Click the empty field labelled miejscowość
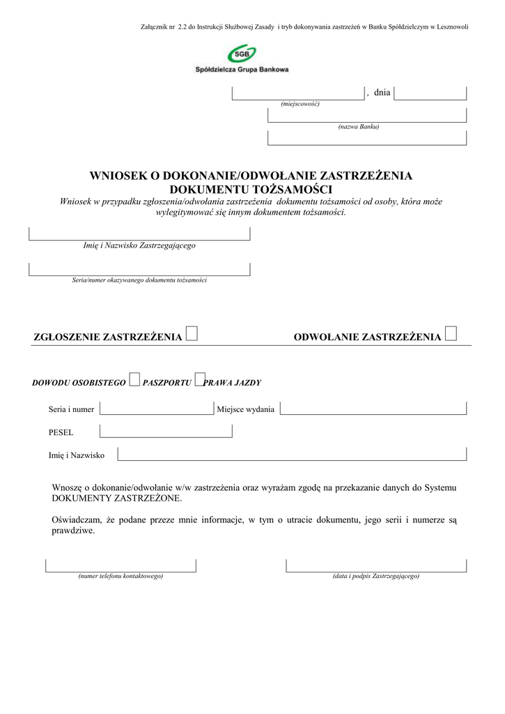pos(298,93)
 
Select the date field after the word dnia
pos(430,93)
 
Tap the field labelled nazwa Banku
pos(367,115)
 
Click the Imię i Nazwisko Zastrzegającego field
pos(139,234)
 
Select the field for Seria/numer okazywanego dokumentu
pos(139,269)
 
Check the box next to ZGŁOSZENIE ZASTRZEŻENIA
pos(192,335)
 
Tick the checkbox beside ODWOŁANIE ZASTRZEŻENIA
pos(451,335)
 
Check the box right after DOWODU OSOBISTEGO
pos(134,380)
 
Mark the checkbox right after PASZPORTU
pos(199,380)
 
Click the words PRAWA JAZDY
pos(233,383)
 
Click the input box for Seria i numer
pos(157,409)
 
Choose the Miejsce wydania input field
pos(373,409)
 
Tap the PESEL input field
pos(166,432)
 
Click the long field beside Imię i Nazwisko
pos(292,455)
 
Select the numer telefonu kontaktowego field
pos(121,565)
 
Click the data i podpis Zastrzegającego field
pos(376,565)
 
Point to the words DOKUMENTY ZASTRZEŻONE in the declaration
pos(117,499)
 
